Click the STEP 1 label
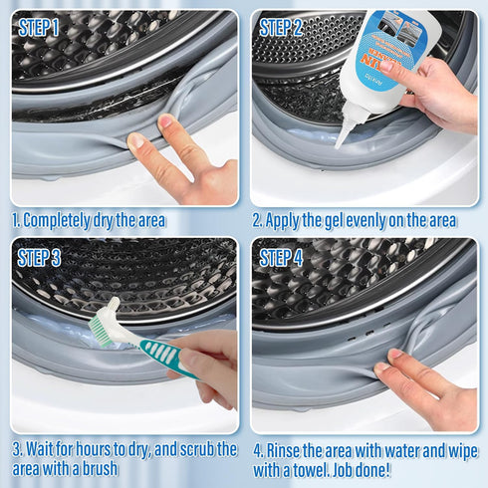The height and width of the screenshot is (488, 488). point(38,28)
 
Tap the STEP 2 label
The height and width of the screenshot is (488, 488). point(281,28)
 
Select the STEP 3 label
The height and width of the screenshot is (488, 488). point(39,258)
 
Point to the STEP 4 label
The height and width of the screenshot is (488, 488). point(282,258)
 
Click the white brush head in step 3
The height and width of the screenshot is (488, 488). point(107,323)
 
